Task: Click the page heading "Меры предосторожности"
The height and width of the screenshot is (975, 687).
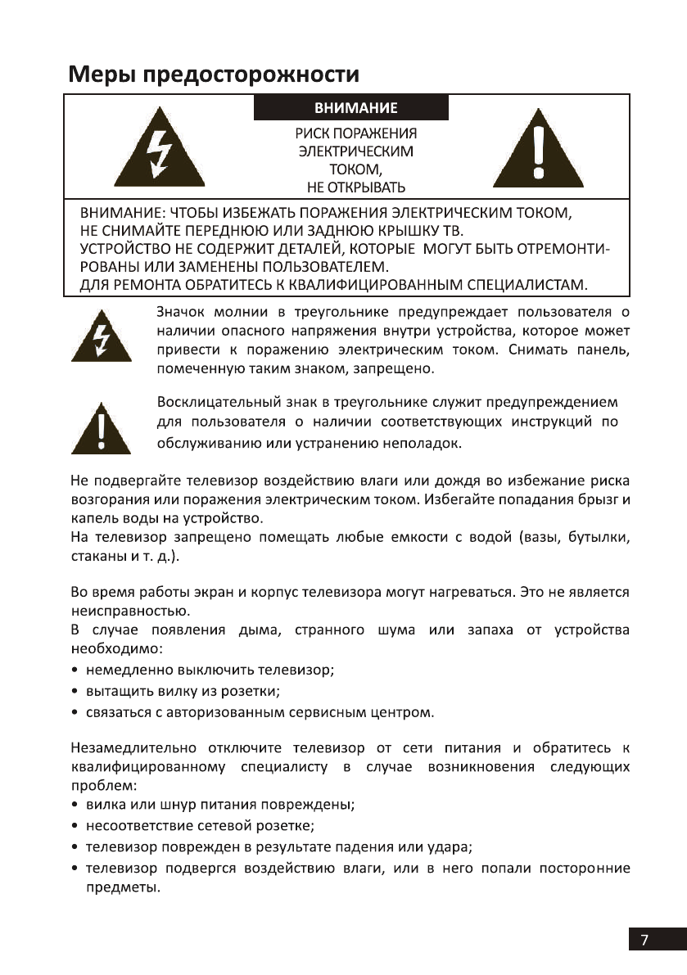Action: (213, 74)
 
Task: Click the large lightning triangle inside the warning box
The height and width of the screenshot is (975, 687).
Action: (155, 154)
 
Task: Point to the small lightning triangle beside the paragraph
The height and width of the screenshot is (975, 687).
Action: (102, 337)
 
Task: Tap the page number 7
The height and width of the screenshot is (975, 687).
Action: (645, 939)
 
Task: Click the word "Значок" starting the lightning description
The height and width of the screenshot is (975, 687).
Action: (180, 312)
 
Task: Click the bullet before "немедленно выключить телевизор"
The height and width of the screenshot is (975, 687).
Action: (75, 670)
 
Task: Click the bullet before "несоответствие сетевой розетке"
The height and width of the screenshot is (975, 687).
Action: (75, 826)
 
